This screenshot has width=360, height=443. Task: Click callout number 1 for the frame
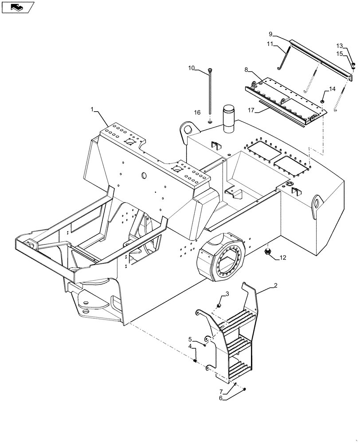(x=93, y=109)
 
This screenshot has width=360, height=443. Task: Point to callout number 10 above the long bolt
(x=191, y=68)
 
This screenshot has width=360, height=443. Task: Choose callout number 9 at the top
(x=270, y=34)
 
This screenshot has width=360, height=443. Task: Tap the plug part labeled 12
(x=267, y=253)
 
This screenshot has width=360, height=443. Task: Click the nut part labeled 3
(x=219, y=306)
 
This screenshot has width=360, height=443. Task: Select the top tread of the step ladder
(x=239, y=318)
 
